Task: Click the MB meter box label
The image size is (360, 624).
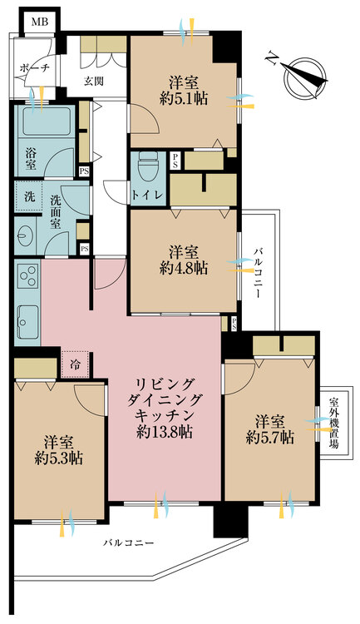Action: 40,21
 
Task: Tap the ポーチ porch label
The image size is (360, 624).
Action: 35,67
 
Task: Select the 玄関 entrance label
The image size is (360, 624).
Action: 94,82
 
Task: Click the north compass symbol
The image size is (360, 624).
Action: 302,76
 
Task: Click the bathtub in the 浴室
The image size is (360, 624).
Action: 47,121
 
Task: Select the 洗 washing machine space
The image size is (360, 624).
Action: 29,196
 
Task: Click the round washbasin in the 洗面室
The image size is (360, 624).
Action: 25,237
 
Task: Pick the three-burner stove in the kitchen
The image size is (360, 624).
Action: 27,275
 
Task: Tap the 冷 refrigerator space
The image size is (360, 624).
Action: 75,365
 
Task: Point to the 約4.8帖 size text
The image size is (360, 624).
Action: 184,269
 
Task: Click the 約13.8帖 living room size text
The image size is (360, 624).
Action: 165,432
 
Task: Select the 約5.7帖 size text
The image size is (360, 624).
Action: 270,438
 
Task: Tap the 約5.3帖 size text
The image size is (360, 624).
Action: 58,459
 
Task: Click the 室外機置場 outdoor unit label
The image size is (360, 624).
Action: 334,422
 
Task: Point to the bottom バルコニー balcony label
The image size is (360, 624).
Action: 129,542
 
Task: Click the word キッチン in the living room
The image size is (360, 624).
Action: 165,415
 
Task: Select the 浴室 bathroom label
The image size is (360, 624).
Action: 31,158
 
